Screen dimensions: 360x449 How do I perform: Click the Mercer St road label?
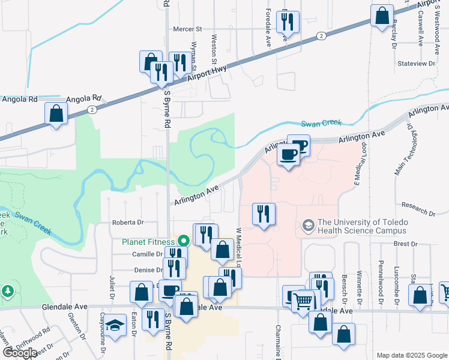188,28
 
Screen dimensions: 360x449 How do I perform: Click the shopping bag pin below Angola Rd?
56,113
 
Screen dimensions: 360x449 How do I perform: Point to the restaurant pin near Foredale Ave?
286,23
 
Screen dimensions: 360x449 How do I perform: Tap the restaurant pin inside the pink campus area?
264,215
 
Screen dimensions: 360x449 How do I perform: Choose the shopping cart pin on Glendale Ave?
305,300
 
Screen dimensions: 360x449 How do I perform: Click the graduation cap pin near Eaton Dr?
115,325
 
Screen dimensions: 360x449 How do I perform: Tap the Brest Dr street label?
405,244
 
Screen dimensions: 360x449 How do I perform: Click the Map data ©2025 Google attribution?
412,355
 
